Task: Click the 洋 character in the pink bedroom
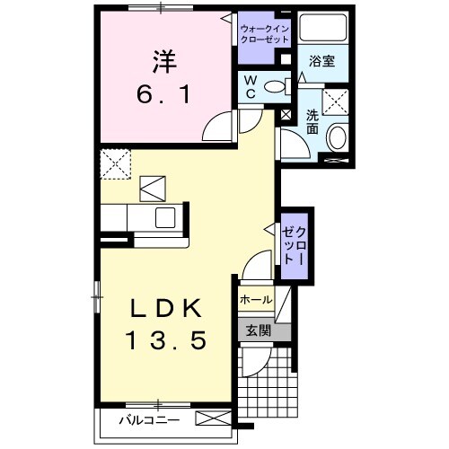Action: (x=163, y=63)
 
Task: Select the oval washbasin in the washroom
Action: (x=339, y=137)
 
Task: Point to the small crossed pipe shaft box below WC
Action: (x=286, y=115)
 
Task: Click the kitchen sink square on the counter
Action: (x=166, y=217)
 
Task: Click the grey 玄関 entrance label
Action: (x=257, y=330)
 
